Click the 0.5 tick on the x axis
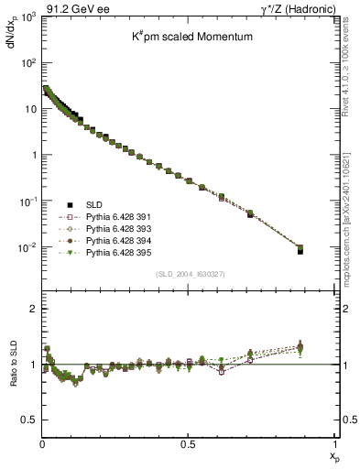188,445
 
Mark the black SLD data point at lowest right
327,250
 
